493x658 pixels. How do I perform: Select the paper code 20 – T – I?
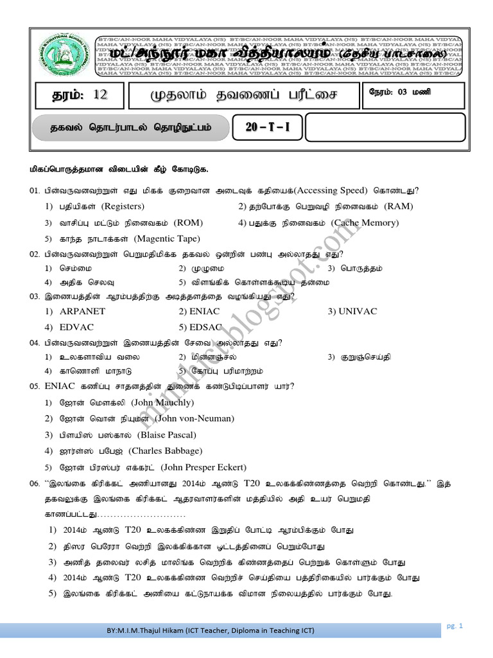pos(268,127)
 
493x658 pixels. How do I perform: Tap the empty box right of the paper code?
pos(384,127)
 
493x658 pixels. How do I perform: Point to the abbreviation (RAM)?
pos(399,206)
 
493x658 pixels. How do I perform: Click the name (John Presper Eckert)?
pos(203,467)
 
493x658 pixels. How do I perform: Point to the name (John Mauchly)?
pos(162,403)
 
